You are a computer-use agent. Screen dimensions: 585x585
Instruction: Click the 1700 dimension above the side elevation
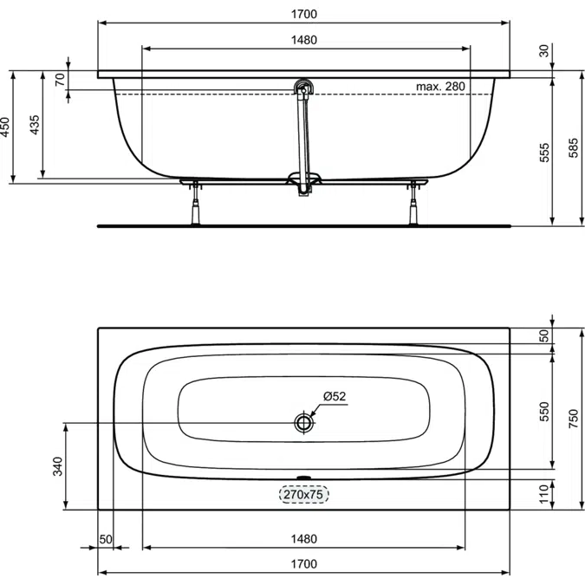[302, 13]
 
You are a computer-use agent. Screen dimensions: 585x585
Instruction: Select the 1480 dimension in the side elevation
[302, 40]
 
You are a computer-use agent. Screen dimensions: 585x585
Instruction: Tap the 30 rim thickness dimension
[544, 50]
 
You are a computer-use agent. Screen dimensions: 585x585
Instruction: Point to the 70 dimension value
[60, 80]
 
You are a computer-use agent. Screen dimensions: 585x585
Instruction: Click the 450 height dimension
[6, 127]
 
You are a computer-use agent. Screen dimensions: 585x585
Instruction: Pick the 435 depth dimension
[34, 127]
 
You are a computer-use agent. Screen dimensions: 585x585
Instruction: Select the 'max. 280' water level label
[441, 86]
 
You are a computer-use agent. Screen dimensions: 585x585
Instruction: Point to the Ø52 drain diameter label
[335, 397]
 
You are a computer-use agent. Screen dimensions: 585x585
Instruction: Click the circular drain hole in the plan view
[303, 423]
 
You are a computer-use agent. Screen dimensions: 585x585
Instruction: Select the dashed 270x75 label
[303, 495]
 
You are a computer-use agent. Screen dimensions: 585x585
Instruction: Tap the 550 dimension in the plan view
[544, 411]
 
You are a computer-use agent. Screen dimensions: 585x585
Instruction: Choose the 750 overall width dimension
[573, 419]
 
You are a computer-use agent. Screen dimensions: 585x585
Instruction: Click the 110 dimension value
[544, 494]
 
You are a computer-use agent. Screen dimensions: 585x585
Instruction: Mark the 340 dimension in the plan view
[58, 466]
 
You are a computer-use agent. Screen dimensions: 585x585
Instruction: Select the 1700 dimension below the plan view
[302, 563]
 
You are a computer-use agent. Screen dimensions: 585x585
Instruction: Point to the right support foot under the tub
[414, 201]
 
